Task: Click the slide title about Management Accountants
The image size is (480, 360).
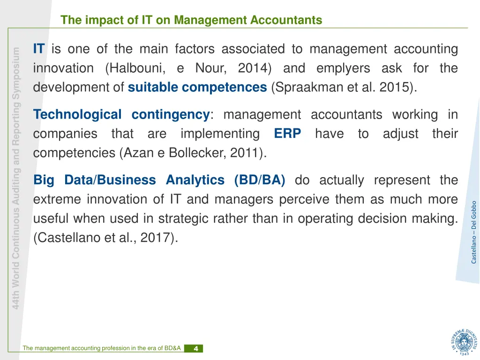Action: tap(191, 20)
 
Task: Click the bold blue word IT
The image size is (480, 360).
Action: tap(39, 49)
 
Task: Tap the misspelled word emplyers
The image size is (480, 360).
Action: tap(343, 68)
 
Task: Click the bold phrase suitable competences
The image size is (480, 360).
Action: tap(197, 87)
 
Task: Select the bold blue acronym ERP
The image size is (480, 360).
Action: tap(287, 134)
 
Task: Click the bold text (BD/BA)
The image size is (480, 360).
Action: tap(260, 180)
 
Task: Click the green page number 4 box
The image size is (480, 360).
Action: tap(194, 348)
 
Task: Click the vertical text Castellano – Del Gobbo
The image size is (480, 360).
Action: tap(474, 232)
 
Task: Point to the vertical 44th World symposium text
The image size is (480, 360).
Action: tap(16, 178)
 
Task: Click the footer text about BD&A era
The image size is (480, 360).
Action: tap(101, 348)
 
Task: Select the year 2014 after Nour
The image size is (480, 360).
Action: tap(252, 68)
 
